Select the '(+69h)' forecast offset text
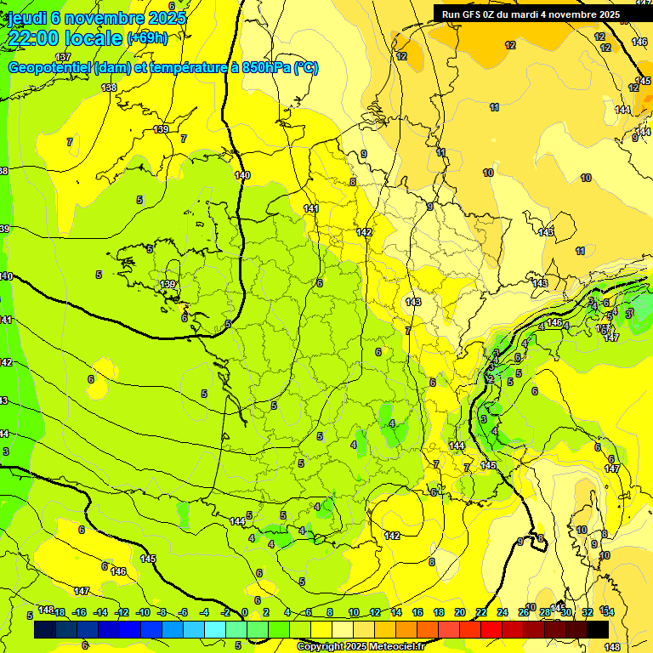pyautogui.click(x=147, y=38)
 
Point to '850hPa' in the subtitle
pyautogui.click(x=258, y=68)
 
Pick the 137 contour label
pyautogui.click(x=64, y=56)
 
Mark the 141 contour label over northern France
pyautogui.click(x=311, y=208)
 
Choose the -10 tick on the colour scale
pyautogui.click(x=143, y=612)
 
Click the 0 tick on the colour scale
pyautogui.click(x=245, y=612)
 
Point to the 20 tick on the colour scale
pyautogui.click(x=460, y=612)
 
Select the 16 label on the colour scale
pyautogui.click(x=417, y=612)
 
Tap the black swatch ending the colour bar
pyautogui.click(x=598, y=630)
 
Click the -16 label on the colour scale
pyautogui.click(x=79, y=612)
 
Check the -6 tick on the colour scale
pyautogui.click(x=184, y=612)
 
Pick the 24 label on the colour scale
pyautogui.click(x=503, y=612)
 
